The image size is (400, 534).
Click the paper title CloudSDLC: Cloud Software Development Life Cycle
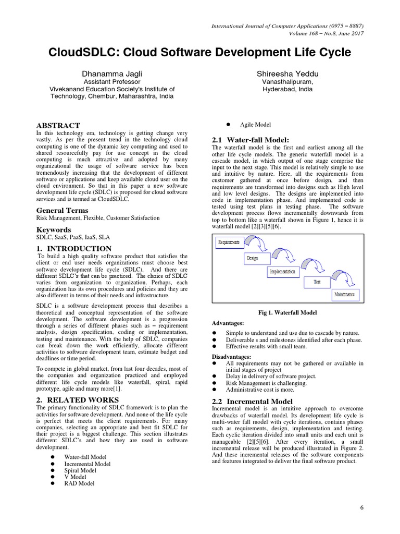[x=200, y=53]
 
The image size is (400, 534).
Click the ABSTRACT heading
[x=58, y=126]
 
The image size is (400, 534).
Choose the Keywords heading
[x=54, y=229]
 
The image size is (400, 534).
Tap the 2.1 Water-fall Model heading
[x=250, y=140]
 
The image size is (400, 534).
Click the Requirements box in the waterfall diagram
[x=229, y=242]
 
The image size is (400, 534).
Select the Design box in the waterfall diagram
[x=252, y=258]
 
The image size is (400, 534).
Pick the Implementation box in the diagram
[x=283, y=272]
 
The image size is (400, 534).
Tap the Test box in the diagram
[x=317, y=282]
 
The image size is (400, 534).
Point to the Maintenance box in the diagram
[x=344, y=294]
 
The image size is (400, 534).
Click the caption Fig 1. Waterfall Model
[x=287, y=313]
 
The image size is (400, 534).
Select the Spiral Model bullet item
[x=80, y=470]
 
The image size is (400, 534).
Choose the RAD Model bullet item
[x=79, y=483]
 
